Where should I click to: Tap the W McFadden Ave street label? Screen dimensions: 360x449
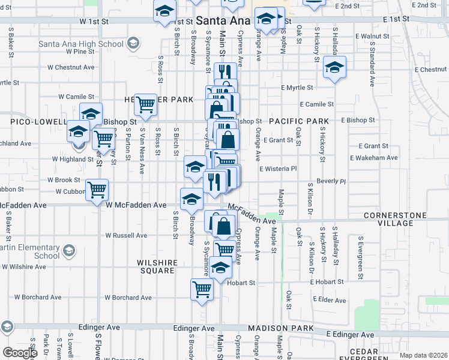pos(136,205)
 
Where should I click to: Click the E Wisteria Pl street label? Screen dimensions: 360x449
pos(278,169)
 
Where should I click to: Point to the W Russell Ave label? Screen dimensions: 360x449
pos(126,236)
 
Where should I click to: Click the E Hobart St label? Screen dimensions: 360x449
pos(327,281)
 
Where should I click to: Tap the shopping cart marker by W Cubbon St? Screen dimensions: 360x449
pos(97,190)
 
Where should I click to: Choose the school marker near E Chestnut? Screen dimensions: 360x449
pos(334,67)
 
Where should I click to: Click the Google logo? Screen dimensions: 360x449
pos(20,353)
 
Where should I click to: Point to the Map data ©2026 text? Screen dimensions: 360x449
pos(423,355)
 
